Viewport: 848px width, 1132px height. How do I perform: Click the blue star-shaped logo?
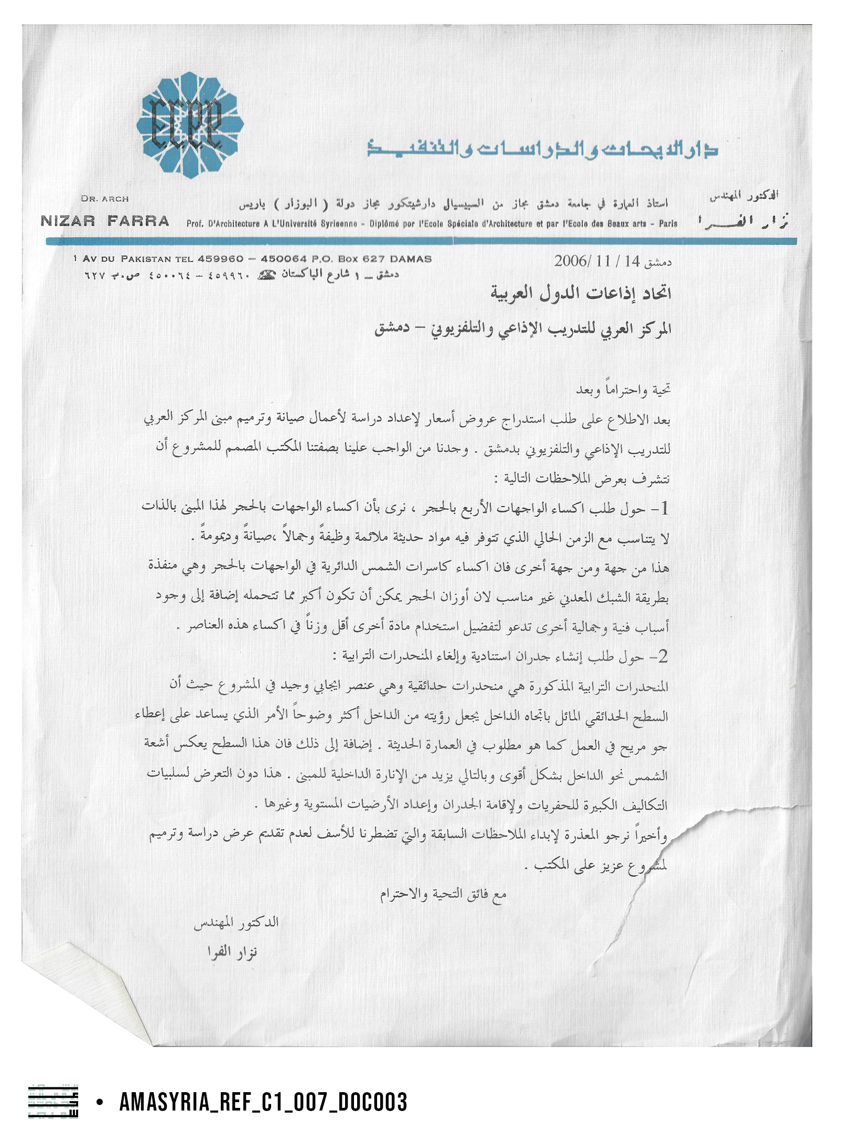pyautogui.click(x=190, y=125)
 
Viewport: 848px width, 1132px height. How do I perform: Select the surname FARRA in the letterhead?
pyautogui.click(x=138, y=221)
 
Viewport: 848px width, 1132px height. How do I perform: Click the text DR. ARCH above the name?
pyautogui.click(x=105, y=199)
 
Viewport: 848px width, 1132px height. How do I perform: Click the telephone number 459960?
pyautogui.click(x=221, y=259)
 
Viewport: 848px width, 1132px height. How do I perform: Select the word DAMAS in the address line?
pyautogui.click(x=411, y=259)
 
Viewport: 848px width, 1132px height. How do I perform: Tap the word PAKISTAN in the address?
pyautogui.click(x=146, y=259)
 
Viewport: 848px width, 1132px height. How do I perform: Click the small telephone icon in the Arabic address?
pyautogui.click(x=267, y=275)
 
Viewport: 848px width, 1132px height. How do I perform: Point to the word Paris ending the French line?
pyautogui.click(x=668, y=224)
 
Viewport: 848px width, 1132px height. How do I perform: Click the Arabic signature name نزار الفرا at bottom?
pyautogui.click(x=232, y=952)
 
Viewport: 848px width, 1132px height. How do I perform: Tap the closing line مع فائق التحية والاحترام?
pyautogui.click(x=443, y=895)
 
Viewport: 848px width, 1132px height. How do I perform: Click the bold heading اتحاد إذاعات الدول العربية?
pyautogui.click(x=581, y=292)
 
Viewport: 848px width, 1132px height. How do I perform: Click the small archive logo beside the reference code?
pyautogui.click(x=53, y=1102)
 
